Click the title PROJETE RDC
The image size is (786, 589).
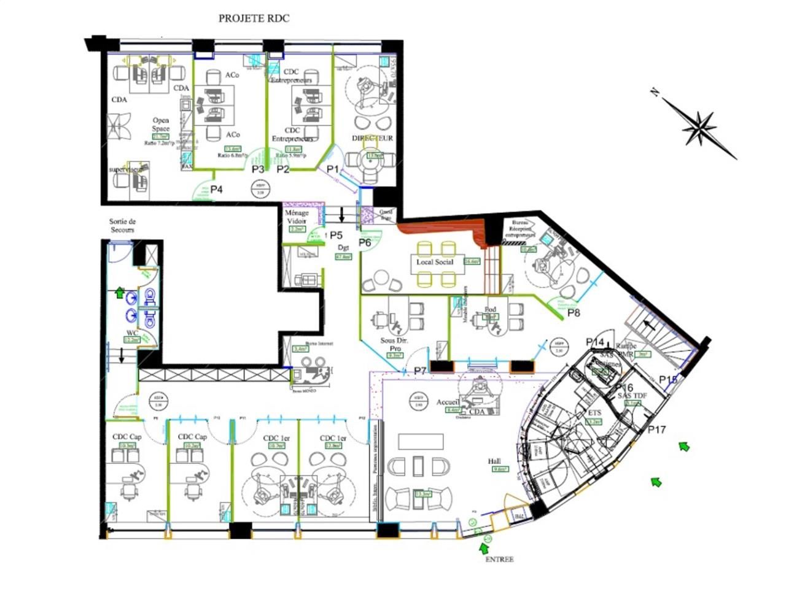point(254,18)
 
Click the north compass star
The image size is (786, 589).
point(699,127)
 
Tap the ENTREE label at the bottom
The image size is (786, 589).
point(499,559)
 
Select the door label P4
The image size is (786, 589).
point(216,189)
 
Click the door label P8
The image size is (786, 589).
point(574,313)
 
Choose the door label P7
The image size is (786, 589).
point(420,371)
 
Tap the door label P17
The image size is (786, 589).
point(656,429)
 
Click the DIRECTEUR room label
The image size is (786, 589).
point(372,138)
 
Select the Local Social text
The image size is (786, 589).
point(434,262)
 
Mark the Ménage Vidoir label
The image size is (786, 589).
point(297,217)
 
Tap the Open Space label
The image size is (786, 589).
point(160,125)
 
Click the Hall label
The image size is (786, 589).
point(495,461)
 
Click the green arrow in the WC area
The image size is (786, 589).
point(120,293)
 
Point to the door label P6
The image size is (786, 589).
point(365,242)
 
